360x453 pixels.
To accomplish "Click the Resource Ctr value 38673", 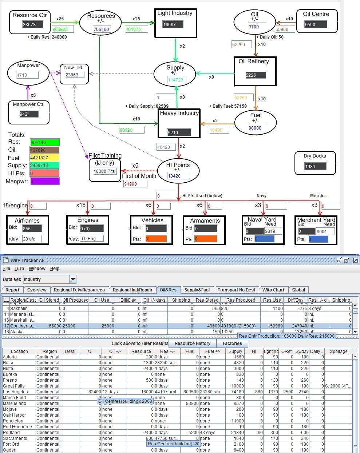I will [33, 24].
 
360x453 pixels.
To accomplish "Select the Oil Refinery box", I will [255, 71].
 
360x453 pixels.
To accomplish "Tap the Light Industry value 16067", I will [173, 25].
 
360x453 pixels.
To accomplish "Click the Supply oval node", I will [175, 74].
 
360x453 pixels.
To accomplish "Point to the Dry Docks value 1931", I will [315, 166].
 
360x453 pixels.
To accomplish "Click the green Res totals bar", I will [45, 142].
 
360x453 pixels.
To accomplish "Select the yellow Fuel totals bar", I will [45, 158].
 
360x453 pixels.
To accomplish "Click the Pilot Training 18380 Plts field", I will [104, 171].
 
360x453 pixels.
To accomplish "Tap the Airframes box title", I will [27, 220].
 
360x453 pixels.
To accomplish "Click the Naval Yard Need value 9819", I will [273, 231].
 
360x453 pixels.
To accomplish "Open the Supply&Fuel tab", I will [197, 290].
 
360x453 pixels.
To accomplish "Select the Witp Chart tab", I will [273, 290].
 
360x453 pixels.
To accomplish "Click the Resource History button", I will [192, 343].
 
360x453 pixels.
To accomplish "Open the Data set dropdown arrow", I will [73, 279].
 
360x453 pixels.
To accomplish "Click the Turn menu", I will [19, 269].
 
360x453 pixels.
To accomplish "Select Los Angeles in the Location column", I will [15, 392].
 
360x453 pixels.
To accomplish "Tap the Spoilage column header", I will [338, 351].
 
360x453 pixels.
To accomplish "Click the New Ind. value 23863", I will [74, 75].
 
